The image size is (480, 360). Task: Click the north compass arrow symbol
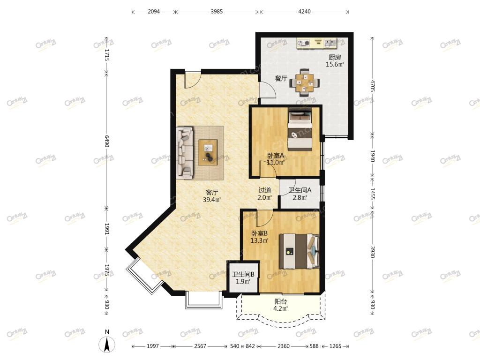point(107,345)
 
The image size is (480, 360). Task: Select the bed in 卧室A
point(300,129)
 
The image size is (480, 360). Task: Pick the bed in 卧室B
point(299,251)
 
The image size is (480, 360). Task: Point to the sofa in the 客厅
point(185,153)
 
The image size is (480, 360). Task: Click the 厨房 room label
point(335,57)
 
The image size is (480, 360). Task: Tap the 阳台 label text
point(280,301)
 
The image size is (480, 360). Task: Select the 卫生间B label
point(243,274)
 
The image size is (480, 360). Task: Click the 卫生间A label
point(300,190)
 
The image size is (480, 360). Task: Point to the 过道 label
point(264,190)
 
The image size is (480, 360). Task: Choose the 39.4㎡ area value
point(212,200)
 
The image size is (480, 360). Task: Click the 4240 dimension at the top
point(304,12)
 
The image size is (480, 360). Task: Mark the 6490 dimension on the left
point(106,141)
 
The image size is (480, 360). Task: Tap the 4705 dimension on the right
point(372,86)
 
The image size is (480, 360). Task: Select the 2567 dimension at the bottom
point(200,346)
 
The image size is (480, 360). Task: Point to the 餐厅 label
point(281,78)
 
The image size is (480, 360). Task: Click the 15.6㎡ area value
point(335,64)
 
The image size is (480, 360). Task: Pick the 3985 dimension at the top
point(217,12)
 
